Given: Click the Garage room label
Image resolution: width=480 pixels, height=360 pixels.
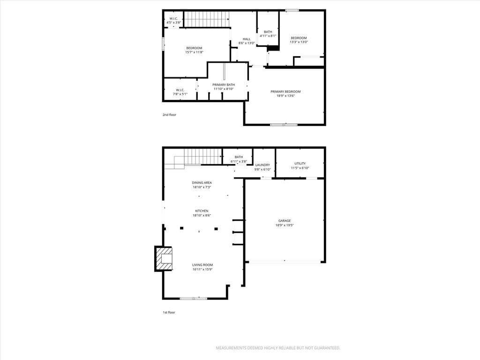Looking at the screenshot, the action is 285,221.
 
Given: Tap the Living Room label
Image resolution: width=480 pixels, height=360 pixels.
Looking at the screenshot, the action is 202,265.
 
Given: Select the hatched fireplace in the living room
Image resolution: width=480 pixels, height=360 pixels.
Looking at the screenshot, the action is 164,259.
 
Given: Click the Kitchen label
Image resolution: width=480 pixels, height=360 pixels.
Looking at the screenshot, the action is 202,211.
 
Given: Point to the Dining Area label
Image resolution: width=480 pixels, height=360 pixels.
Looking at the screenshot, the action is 202,183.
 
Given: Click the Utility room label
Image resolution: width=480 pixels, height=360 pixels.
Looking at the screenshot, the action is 300,164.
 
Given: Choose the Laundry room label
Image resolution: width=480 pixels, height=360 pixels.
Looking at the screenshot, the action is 262,165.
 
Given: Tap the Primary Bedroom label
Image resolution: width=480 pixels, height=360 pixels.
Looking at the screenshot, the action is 285,91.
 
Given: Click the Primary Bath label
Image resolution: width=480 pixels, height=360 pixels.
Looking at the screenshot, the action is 224,85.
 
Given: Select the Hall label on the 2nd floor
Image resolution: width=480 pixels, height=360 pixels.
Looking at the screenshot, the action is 247,39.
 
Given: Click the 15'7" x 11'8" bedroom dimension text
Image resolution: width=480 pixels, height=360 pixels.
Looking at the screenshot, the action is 194,52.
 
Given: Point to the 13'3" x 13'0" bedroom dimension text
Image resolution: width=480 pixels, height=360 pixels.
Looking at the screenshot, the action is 299,42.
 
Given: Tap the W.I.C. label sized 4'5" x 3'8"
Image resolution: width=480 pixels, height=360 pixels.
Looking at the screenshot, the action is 173,19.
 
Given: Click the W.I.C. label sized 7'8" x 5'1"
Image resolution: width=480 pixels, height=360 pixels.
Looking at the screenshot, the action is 180,90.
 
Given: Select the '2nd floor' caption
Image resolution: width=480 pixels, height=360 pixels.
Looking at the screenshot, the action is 169,115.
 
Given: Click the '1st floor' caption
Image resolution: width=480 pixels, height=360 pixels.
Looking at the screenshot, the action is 169,313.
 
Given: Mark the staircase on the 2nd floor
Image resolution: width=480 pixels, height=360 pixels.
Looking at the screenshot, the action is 206,19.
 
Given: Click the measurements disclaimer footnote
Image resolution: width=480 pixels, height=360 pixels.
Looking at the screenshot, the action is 278,348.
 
